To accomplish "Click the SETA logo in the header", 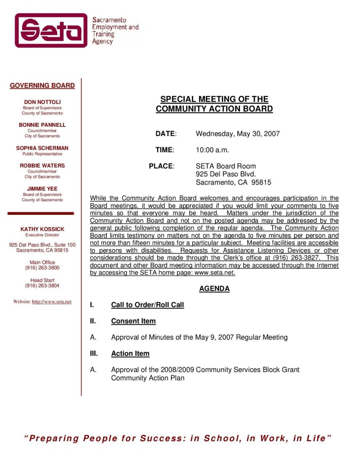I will point(51,30).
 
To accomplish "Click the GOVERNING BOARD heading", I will point(42,85).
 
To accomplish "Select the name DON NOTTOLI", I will point(42,102).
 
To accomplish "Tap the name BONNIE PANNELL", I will point(42,125).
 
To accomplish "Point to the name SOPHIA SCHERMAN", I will point(42,148).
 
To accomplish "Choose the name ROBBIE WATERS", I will point(42,165).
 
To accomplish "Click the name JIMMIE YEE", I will point(42,189).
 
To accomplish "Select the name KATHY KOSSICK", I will point(42,229).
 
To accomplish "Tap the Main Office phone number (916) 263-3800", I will point(42,268).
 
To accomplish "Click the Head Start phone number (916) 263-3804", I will point(42,286).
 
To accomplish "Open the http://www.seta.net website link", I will point(52,301).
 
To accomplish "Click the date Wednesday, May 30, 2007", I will point(238,134).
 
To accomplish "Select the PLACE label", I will point(162,166).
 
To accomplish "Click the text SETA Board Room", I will point(226,166).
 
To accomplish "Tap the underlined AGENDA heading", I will point(214,288).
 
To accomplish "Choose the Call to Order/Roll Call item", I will point(147,305).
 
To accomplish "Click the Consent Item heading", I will point(133,321).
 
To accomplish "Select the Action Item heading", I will point(130,354).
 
